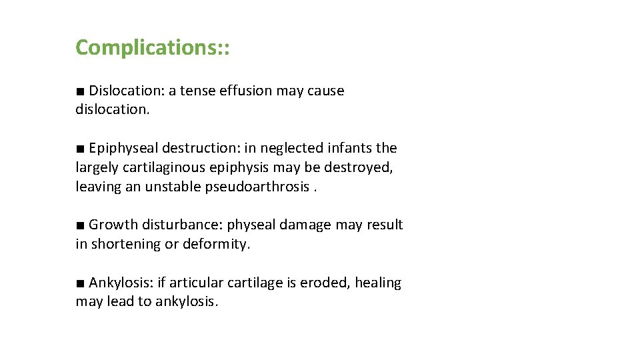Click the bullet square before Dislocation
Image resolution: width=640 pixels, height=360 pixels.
click(x=80, y=91)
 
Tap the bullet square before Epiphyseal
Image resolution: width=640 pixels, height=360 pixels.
click(x=80, y=149)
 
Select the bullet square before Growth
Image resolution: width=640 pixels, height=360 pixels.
click(x=80, y=225)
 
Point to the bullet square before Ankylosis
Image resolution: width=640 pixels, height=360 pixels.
click(x=80, y=283)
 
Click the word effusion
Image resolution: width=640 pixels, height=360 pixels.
click(x=245, y=91)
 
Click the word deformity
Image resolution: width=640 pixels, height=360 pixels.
click(x=217, y=244)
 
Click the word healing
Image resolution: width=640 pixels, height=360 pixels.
click(x=378, y=283)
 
